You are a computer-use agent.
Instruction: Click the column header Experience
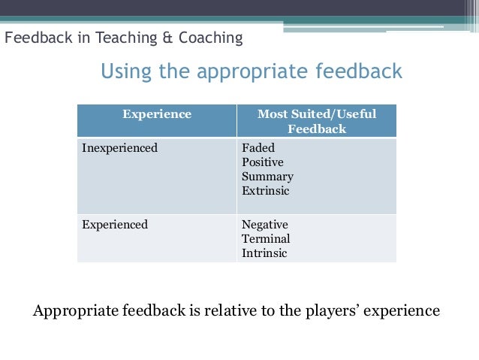click(x=157, y=114)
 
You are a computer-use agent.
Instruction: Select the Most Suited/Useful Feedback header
click(x=317, y=121)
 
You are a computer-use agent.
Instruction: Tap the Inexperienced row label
click(x=119, y=148)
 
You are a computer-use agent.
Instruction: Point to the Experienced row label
click(x=115, y=224)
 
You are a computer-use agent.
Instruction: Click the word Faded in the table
click(x=258, y=148)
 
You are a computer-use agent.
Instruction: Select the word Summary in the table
click(x=267, y=177)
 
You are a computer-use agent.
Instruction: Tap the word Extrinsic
click(x=265, y=191)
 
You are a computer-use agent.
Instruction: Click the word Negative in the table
click(x=264, y=224)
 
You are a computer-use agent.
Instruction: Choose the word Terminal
click(x=266, y=238)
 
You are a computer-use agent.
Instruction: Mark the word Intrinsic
click(x=264, y=253)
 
